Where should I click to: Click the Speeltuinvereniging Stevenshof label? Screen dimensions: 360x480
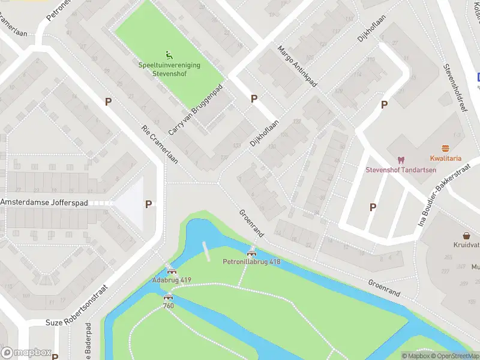169,69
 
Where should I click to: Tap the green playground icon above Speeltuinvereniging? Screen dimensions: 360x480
169,54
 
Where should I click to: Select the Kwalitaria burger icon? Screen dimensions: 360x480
445,148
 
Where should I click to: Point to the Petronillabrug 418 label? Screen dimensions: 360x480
251,262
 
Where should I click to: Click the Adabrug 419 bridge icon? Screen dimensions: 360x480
172,272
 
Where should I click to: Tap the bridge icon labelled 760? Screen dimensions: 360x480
169,296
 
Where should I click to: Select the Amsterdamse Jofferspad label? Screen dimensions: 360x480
44,203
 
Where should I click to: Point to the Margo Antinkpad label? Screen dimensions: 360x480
296,72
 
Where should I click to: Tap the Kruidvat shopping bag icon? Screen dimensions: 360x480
466,236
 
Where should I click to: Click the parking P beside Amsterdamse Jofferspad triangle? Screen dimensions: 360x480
148,204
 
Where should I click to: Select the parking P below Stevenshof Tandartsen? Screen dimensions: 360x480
373,207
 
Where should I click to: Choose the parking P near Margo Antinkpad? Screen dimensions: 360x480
254,98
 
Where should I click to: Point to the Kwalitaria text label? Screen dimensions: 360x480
445,158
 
